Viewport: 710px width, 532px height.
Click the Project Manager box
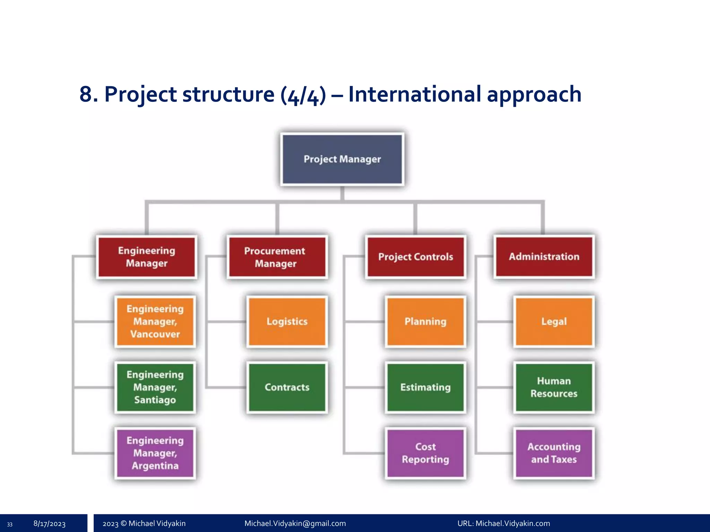click(x=342, y=159)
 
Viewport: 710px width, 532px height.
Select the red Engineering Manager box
click(x=147, y=257)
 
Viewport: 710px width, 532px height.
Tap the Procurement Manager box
click(x=277, y=257)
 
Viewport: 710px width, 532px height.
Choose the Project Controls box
click(x=415, y=257)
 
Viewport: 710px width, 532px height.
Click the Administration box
click(x=544, y=257)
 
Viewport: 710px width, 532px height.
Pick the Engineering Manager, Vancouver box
click(x=155, y=321)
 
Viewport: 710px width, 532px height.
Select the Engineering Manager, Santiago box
click(x=155, y=387)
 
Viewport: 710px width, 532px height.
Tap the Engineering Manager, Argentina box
click(x=155, y=453)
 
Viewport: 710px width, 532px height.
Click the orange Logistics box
click(x=287, y=321)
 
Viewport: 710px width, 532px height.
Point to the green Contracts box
click(x=287, y=387)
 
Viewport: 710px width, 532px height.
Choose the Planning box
click(x=425, y=321)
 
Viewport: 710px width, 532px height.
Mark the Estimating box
click(x=425, y=387)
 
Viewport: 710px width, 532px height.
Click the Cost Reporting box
click(x=425, y=453)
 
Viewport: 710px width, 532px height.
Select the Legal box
click(x=554, y=321)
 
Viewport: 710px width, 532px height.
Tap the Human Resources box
click(x=554, y=387)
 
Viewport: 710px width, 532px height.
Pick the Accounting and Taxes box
click(x=554, y=453)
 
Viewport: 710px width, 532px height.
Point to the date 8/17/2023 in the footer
click(x=49, y=524)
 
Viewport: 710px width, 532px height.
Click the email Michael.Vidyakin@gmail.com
click(x=295, y=523)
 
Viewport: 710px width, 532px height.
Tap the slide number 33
click(x=10, y=524)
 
